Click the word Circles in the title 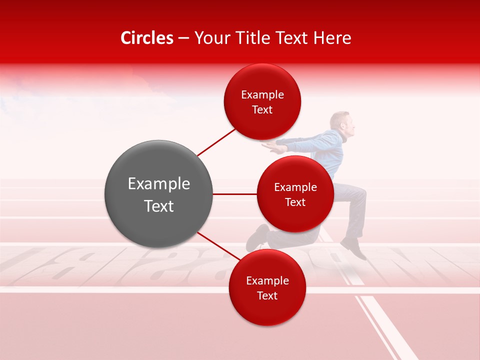click(147, 38)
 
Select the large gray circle click(158, 194)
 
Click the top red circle click(262, 101)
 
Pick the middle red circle click(295, 194)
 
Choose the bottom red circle click(267, 287)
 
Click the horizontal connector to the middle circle click(234, 194)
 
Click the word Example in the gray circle click(158, 184)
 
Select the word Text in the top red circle click(262, 110)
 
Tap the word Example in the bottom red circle click(267, 280)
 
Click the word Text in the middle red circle click(295, 202)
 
